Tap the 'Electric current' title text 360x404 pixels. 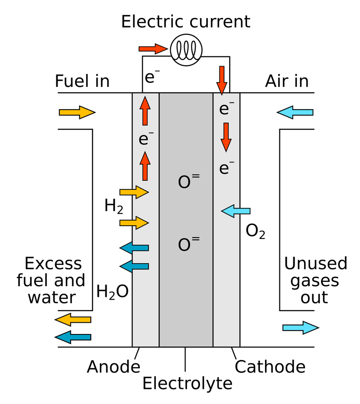click(x=185, y=21)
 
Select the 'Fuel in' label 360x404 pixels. click(x=82, y=81)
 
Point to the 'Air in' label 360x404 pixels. click(x=287, y=81)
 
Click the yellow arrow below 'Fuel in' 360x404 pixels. click(x=77, y=113)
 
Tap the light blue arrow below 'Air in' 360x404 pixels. click(x=295, y=113)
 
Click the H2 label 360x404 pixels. click(x=114, y=207)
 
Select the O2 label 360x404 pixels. click(x=255, y=232)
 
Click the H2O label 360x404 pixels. click(x=112, y=292)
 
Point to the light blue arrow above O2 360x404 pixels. click(x=236, y=211)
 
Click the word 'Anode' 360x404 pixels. click(x=114, y=367)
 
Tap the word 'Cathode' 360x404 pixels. click(x=270, y=367)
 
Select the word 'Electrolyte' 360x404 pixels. click(x=188, y=383)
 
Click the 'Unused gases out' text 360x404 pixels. click(x=315, y=281)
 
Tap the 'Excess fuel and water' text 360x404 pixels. click(x=51, y=281)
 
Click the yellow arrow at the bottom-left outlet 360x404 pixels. click(x=73, y=319)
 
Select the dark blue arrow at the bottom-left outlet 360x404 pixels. click(x=73, y=337)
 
